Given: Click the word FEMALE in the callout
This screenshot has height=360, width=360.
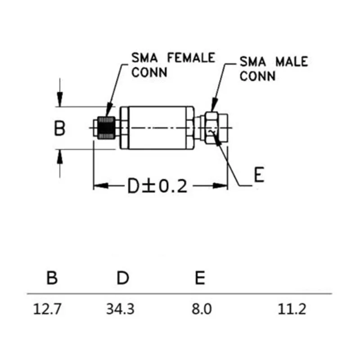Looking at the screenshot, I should click(191, 58).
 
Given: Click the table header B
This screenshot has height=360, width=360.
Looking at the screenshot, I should click(52, 278).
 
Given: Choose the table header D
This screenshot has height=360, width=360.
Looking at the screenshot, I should click(122, 278).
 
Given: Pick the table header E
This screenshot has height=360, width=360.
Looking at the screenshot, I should click(200, 278).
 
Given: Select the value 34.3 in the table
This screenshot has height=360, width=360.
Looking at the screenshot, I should click(120, 310).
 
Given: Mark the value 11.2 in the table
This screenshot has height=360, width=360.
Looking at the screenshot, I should click(293, 310).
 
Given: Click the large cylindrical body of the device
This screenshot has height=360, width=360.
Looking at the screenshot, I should click(157, 128).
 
